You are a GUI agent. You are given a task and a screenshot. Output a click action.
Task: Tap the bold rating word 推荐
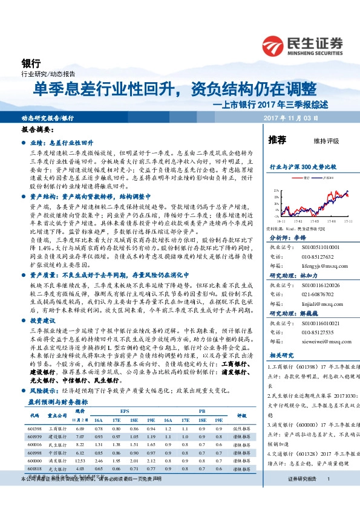(x=277, y=140)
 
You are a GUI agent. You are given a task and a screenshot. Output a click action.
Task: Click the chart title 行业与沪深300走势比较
(x=302, y=166)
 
